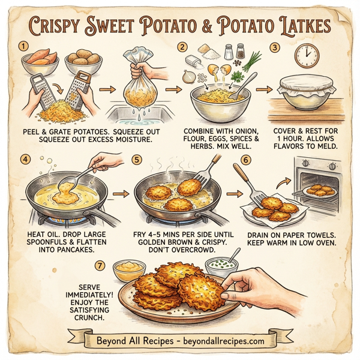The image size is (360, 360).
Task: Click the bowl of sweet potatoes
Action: point(40,60)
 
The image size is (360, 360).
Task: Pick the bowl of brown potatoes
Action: point(82,61)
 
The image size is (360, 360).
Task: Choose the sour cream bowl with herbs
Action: point(220,265)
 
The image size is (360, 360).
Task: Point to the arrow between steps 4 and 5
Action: point(122,194)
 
